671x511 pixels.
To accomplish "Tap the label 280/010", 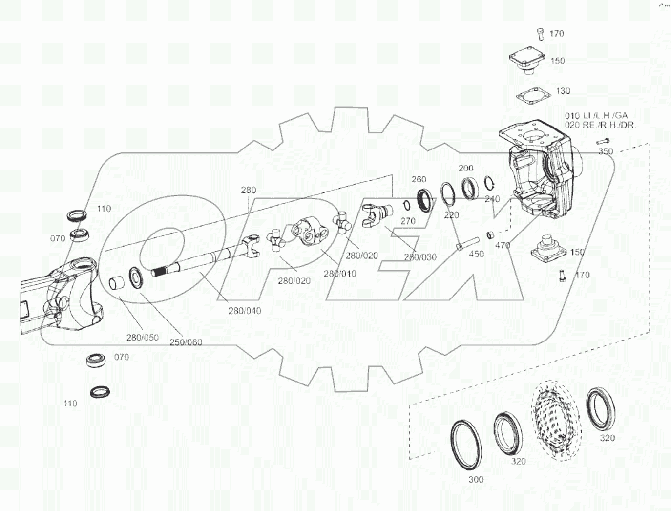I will [340, 274].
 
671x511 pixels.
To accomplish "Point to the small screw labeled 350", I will [602, 142].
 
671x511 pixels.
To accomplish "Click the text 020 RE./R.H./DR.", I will [600, 125].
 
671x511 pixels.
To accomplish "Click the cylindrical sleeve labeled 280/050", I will [118, 284].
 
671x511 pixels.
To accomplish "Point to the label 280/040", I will [244, 311].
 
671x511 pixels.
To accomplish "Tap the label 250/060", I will [186, 342].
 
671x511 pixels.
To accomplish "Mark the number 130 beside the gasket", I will [563, 91].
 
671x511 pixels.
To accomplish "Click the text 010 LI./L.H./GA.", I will [597, 116].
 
